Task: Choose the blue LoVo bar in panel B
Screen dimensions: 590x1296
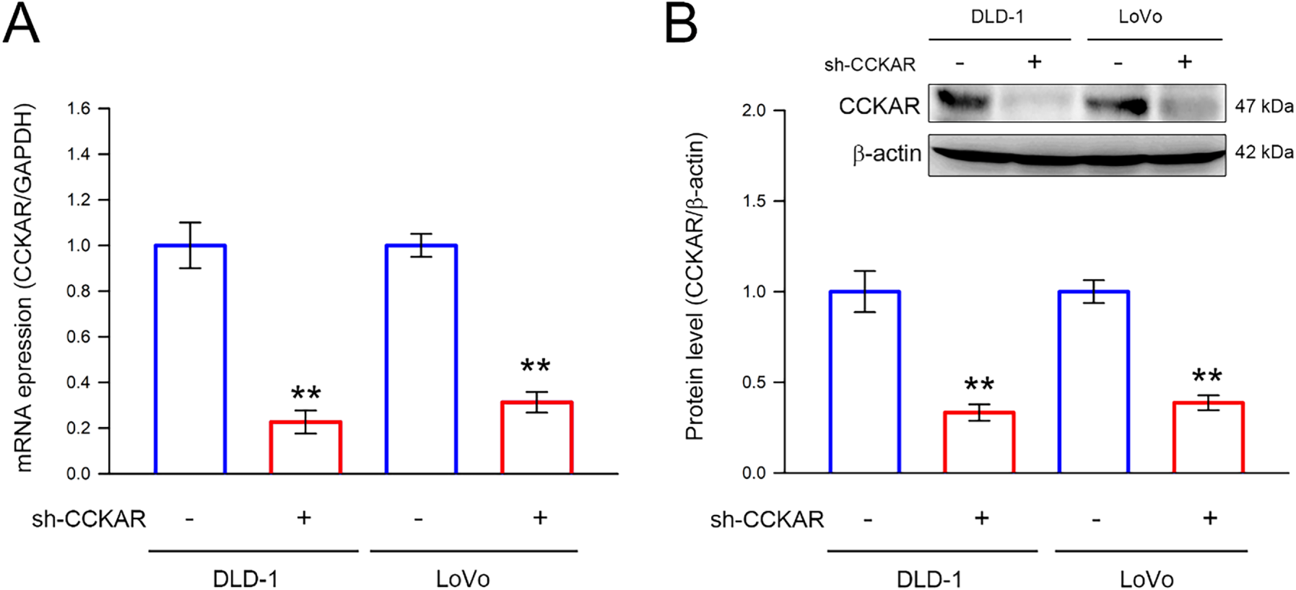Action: pos(1094,382)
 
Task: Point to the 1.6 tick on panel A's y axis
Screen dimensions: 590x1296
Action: pos(79,109)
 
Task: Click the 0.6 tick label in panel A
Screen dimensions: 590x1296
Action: pos(79,337)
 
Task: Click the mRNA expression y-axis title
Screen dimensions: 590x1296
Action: pos(25,289)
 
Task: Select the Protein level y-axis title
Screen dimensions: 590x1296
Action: pos(695,286)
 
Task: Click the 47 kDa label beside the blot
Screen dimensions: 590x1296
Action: pos(1264,106)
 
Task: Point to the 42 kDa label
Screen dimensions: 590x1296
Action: pos(1264,152)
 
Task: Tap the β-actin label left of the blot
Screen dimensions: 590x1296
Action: pos(887,154)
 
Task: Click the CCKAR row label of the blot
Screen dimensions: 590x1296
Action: pos(879,107)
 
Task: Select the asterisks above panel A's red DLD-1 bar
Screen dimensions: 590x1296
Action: pos(306,394)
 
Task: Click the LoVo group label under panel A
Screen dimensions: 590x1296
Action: pos(463,578)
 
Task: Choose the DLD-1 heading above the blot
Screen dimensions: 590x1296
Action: pos(997,17)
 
